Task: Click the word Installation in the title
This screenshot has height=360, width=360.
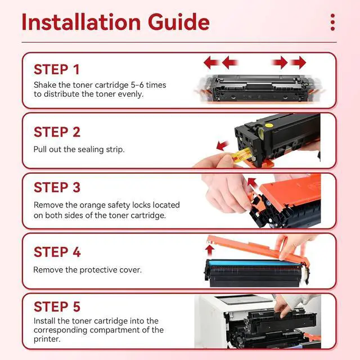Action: [x=81, y=22]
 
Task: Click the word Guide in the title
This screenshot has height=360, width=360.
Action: [x=179, y=22]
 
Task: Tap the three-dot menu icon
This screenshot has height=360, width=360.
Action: [x=332, y=22]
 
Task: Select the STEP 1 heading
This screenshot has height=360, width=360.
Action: [x=57, y=70]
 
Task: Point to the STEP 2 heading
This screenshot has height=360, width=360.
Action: [x=57, y=132]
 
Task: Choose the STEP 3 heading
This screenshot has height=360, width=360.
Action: [x=57, y=187]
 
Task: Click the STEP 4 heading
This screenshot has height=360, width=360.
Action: [x=57, y=252]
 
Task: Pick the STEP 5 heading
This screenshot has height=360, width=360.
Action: [x=57, y=307]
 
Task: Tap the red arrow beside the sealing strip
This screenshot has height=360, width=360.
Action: [x=222, y=146]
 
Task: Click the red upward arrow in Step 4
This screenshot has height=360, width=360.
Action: [x=209, y=250]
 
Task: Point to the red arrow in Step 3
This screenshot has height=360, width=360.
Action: [x=253, y=183]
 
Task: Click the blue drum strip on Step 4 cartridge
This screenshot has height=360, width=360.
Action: [x=254, y=263]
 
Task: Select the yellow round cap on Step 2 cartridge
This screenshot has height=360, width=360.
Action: [x=269, y=125]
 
